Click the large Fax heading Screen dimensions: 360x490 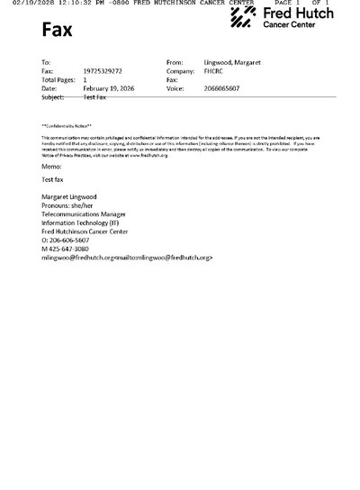[x=58, y=32]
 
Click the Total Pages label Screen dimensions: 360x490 [x=58, y=78]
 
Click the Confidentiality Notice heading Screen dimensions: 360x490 [x=66, y=125]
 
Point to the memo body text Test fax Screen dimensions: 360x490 [x=53, y=180]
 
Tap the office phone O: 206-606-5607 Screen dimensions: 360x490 [x=67, y=240]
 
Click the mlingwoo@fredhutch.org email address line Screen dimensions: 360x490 [x=126, y=258]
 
